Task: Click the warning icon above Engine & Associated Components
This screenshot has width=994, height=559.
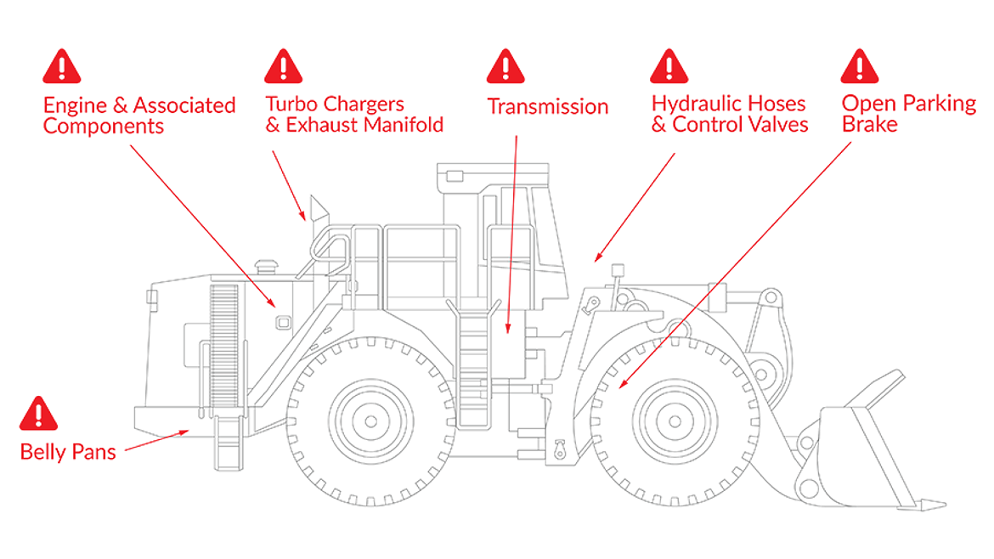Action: (61, 66)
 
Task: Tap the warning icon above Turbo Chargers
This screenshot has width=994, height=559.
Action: (283, 66)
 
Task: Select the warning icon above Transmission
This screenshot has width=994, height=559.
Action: (505, 66)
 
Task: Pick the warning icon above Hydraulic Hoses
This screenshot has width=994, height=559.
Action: (669, 66)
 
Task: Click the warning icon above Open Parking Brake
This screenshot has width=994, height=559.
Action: (859, 66)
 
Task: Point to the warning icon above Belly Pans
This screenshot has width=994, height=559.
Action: (38, 414)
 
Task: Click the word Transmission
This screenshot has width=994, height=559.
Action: (547, 107)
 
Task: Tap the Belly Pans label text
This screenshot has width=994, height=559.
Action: (68, 451)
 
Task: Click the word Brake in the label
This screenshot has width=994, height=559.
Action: (869, 125)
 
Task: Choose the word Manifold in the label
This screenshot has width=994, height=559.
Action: (404, 125)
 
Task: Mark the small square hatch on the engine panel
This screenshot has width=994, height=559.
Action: (284, 322)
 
